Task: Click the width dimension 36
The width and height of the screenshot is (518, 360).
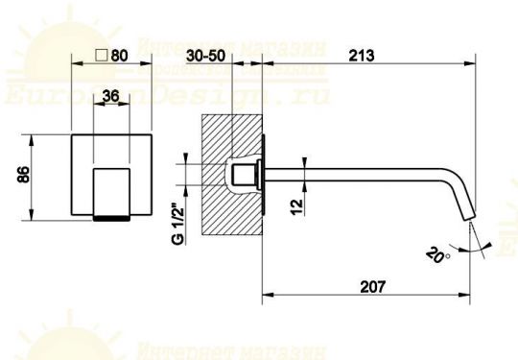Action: point(110,95)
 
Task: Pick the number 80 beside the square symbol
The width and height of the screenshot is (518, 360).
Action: point(120,55)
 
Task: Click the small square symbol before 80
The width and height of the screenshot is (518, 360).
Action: point(102,55)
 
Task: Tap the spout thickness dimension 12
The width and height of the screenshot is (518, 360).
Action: point(297,203)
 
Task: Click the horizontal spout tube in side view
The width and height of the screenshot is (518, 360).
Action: point(365,175)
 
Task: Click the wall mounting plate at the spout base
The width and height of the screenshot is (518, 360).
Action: point(262,176)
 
